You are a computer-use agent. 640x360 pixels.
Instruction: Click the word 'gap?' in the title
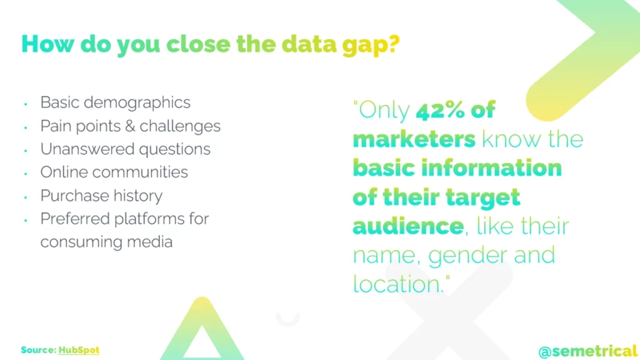(x=371, y=45)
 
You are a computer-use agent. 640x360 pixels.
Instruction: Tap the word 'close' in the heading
(x=198, y=44)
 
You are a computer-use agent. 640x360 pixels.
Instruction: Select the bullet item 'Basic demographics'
(x=115, y=103)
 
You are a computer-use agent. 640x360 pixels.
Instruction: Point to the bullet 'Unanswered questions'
(x=125, y=149)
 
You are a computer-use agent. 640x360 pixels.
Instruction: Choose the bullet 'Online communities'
(x=114, y=172)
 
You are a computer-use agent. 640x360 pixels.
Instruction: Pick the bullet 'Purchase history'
(x=101, y=196)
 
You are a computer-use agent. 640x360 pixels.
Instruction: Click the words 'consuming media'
(x=106, y=242)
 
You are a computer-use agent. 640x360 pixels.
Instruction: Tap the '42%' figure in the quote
(x=440, y=110)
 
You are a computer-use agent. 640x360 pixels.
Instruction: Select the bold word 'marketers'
(x=414, y=139)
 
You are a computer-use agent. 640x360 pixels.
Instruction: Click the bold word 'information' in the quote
(x=491, y=168)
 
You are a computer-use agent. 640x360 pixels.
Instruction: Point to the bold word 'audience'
(x=408, y=226)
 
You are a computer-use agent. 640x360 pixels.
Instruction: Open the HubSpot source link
(x=79, y=350)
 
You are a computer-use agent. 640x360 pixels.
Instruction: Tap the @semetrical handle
(x=587, y=351)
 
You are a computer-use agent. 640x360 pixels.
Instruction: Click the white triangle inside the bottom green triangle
(x=201, y=345)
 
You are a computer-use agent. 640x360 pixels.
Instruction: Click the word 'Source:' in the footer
(x=39, y=350)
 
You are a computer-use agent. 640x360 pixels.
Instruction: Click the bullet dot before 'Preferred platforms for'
(x=26, y=221)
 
